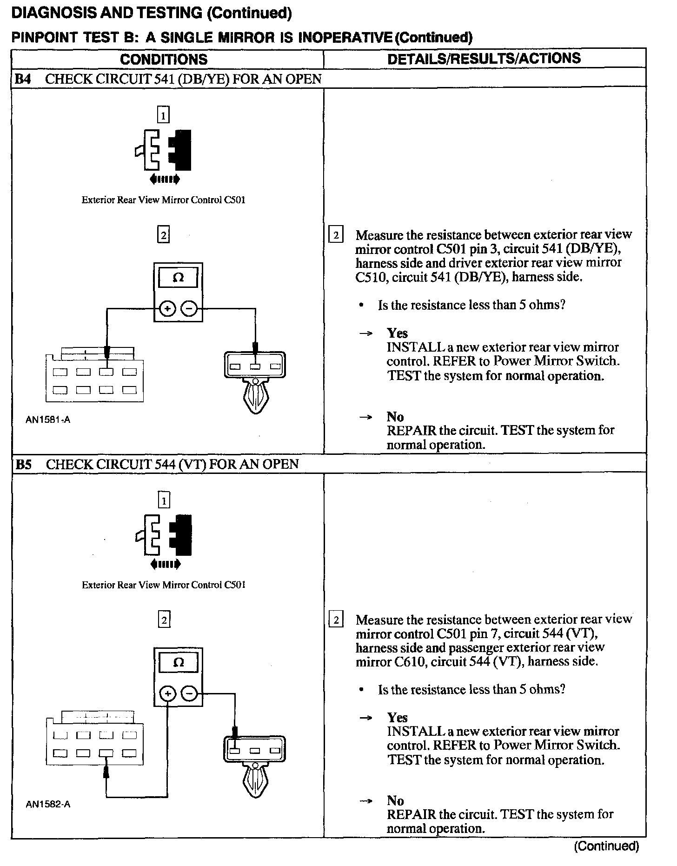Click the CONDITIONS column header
coord(164,59)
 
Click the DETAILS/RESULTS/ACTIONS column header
coord(484,58)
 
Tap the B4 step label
coord(23,79)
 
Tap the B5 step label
coord(24,464)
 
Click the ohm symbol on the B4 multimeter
coord(178,278)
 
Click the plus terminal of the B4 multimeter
coord(167,308)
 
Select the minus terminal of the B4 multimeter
coord(189,308)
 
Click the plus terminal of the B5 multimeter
coord(167,694)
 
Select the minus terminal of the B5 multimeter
coord(189,694)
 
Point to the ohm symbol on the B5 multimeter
coord(178,663)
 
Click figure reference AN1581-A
coord(48,420)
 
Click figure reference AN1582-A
coord(48,804)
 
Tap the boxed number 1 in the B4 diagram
coord(163,115)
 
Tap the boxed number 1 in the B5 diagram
coord(164,500)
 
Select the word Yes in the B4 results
coord(397,333)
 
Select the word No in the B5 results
coord(395,800)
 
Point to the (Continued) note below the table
coord(606,846)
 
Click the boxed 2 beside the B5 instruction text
coord(336,620)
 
